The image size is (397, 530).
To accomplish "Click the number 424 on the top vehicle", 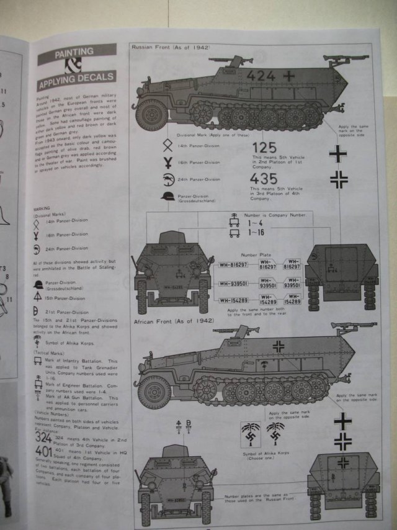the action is click(x=261, y=76).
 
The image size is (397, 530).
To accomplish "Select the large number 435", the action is click(x=265, y=178).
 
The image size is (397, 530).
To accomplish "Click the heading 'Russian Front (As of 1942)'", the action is click(x=171, y=47).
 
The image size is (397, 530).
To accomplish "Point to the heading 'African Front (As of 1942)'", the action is click(x=174, y=321).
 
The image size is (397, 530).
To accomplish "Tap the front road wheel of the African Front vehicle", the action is click(x=154, y=392).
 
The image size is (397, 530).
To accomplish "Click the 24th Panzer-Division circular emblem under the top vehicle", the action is click(x=167, y=179).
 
